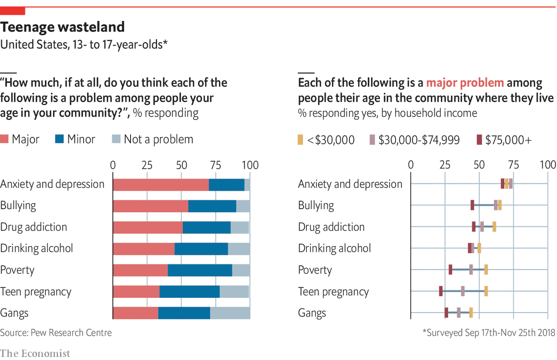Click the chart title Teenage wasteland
click(x=62, y=27)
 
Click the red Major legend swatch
click(x=4, y=139)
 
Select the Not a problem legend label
click(x=158, y=139)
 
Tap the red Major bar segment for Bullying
click(x=150, y=206)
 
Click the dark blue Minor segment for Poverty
click(x=200, y=270)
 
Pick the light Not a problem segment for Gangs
click(x=230, y=313)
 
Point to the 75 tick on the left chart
click(x=215, y=165)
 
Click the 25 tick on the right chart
click(x=445, y=165)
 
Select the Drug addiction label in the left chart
click(x=34, y=227)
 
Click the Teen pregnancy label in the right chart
click(x=333, y=292)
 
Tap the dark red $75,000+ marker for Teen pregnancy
click(x=441, y=291)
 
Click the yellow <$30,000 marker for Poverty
click(x=486, y=270)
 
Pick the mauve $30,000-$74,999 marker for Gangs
click(x=459, y=313)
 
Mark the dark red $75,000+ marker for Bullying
click(x=472, y=205)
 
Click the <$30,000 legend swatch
click(x=300, y=140)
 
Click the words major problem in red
click(x=465, y=83)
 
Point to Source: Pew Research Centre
click(x=56, y=333)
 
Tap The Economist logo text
click(x=35, y=353)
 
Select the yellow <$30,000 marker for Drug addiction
click(x=494, y=227)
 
